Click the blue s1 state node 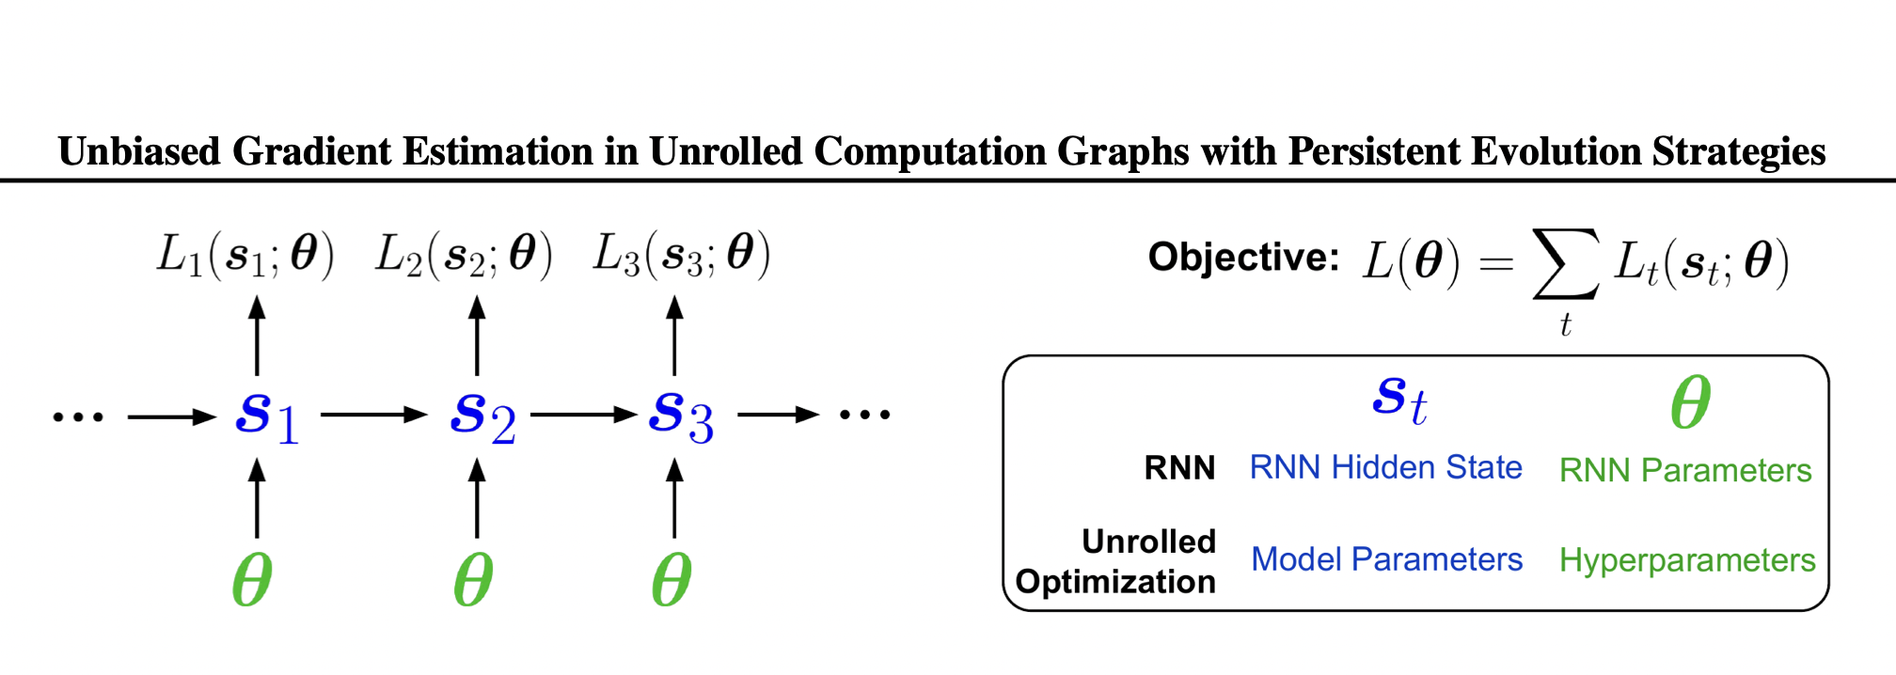[267, 416]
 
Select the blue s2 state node [482, 416]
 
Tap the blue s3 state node [681, 416]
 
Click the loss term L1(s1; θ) [245, 255]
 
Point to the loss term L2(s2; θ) [464, 255]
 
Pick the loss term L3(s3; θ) [682, 255]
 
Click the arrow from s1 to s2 [374, 415]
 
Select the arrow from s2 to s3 [583, 415]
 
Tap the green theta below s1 [252, 580]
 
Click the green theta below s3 [671, 580]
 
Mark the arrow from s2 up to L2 [477, 336]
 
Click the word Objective [1242, 257]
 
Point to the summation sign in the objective [1565, 264]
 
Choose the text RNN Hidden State [1385, 467]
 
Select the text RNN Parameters [1684, 470]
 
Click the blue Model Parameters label [1386, 559]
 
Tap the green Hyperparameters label [1687, 560]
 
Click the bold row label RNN [1179, 467]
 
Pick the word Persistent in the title [1381, 151]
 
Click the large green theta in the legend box [1690, 402]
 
